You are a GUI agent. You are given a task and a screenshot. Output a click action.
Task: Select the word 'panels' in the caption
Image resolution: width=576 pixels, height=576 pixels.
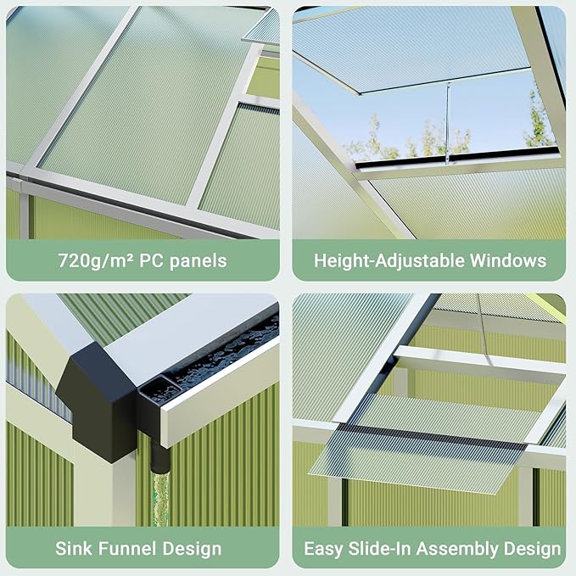click(x=198, y=260)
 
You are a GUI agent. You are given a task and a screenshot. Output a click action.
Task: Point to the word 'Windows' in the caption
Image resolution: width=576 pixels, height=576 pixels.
click(x=507, y=260)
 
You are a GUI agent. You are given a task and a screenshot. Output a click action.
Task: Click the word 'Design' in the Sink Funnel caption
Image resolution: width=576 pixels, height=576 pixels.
click(x=190, y=549)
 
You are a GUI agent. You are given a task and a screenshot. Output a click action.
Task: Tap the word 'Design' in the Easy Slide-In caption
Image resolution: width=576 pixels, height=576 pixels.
click(x=530, y=549)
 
